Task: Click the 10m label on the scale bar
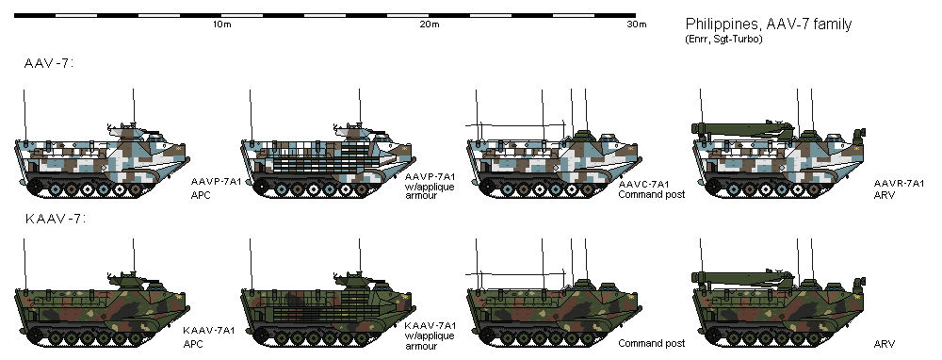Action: (x=222, y=25)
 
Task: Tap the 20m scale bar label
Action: (x=430, y=25)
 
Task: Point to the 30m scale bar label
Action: (x=638, y=25)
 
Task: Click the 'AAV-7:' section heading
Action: (x=49, y=63)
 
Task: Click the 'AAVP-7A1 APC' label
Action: (x=215, y=184)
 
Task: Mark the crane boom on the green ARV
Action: (x=739, y=275)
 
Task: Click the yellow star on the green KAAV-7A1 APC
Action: (x=180, y=297)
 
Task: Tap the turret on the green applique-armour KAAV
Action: (x=355, y=278)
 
